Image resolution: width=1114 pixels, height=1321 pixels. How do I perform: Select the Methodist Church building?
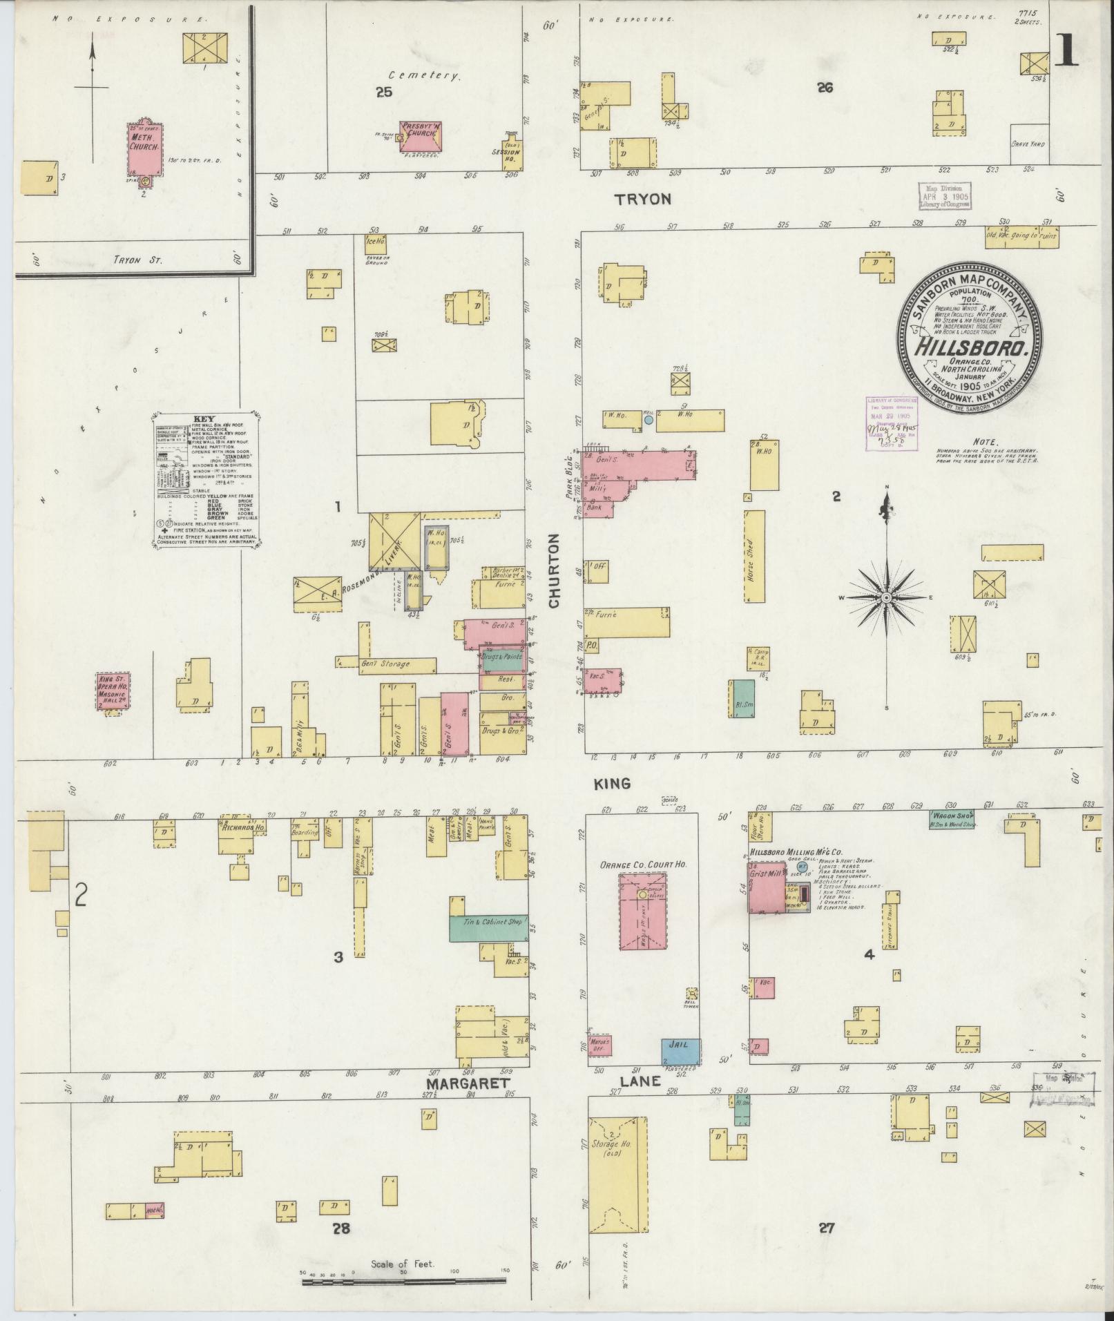click(144, 149)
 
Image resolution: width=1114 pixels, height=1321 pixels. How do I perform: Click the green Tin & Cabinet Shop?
click(489, 928)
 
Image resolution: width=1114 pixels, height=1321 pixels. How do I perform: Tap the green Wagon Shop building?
click(952, 819)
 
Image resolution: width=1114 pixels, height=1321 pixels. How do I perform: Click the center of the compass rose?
click(887, 597)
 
